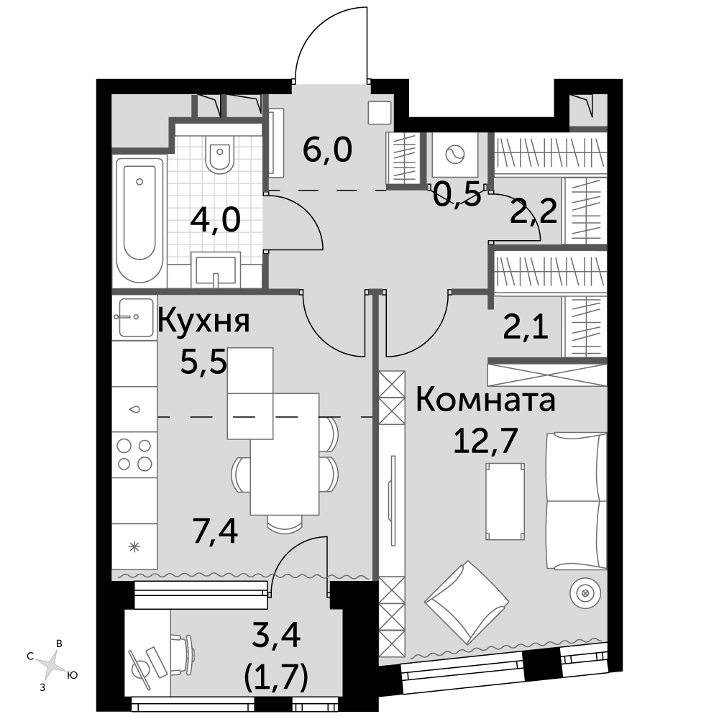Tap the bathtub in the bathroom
point(140,221)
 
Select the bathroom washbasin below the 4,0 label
point(216,270)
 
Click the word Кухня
point(203,321)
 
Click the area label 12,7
point(485,440)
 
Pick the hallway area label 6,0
point(327,150)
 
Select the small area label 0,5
point(457,194)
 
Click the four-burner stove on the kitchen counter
point(135,454)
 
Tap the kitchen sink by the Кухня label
point(136,317)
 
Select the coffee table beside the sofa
point(505,501)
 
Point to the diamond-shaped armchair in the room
point(467,602)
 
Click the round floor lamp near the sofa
point(585,593)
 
